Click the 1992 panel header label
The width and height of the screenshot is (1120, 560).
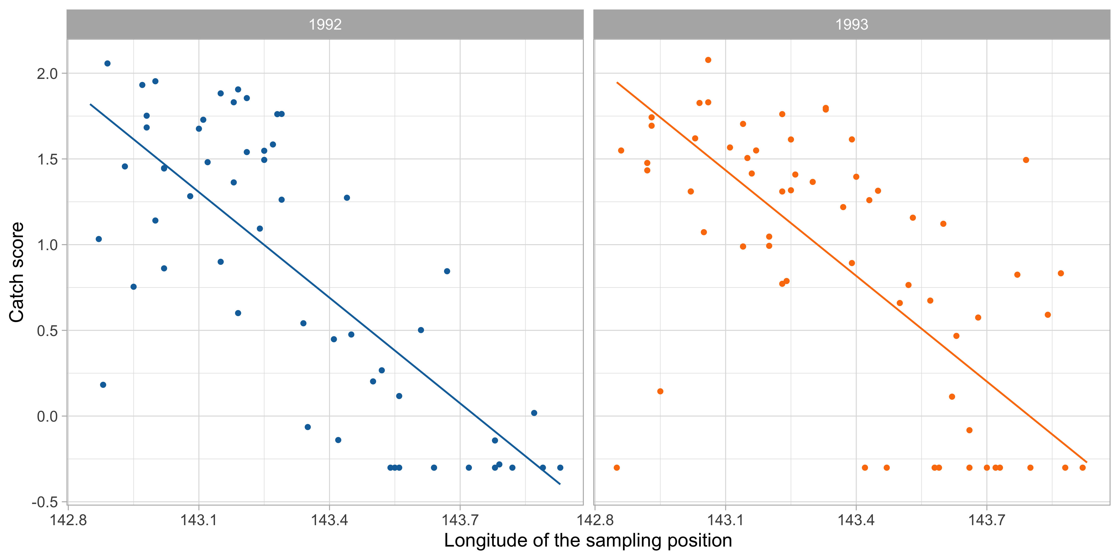325,24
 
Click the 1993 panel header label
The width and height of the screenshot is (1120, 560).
851,24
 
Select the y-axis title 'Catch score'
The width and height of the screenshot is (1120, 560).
16,272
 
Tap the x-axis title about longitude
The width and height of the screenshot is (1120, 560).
588,540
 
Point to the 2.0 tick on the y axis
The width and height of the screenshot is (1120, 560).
47,74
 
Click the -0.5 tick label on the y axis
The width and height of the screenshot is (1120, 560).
45,502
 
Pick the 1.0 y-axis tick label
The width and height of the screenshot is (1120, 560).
47,245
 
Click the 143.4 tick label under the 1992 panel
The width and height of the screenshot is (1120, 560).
329,520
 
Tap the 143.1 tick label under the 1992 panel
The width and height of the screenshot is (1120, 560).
199,520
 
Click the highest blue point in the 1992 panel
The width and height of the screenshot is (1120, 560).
107,63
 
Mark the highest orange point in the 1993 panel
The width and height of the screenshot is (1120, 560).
708,60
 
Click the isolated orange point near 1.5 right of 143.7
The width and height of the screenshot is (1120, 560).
1026,160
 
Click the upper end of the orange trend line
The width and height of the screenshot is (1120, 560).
617,82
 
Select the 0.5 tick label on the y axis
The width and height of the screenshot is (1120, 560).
47,331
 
